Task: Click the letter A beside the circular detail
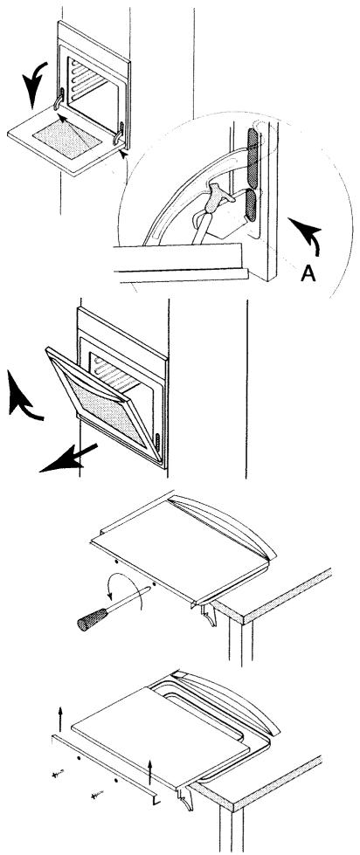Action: coord(308,272)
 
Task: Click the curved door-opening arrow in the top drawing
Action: coord(35,83)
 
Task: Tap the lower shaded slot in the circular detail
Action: coord(253,205)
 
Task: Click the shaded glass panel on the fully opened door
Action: coord(67,139)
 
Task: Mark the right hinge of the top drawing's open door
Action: coord(118,134)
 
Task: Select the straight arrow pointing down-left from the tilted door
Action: coord(68,458)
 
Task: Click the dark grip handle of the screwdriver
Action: coord(92,620)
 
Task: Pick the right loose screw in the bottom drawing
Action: coord(97,795)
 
